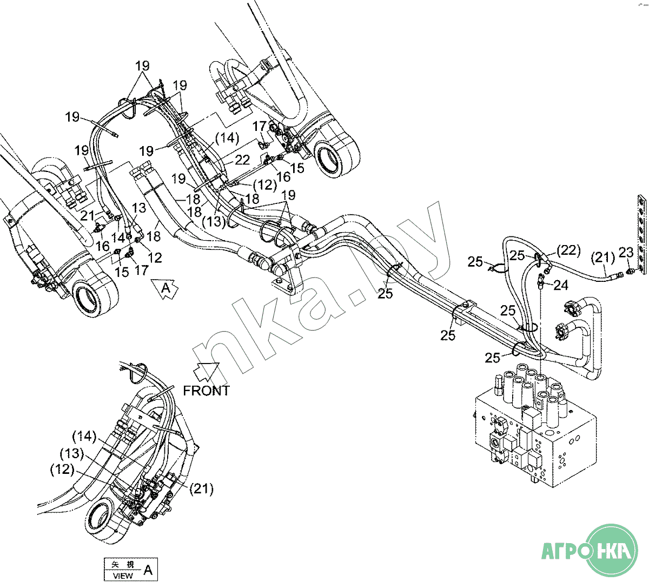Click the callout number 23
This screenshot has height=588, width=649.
(626, 252)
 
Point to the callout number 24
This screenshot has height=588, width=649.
(561, 285)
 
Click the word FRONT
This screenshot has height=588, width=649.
(206, 391)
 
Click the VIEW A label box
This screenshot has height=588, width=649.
(132, 569)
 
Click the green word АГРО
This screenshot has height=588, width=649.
(564, 552)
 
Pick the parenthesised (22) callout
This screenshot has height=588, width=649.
(567, 250)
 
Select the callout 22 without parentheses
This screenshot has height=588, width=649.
(242, 160)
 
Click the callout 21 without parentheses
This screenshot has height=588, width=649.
(88, 216)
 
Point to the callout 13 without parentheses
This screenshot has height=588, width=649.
(138, 208)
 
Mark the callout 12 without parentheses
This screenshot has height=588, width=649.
(155, 257)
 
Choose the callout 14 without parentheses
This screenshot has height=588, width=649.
(118, 236)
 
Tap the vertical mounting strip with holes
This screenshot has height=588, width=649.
(642, 235)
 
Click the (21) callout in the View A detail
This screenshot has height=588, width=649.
(201, 489)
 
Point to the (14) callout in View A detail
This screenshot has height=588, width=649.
(84, 436)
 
